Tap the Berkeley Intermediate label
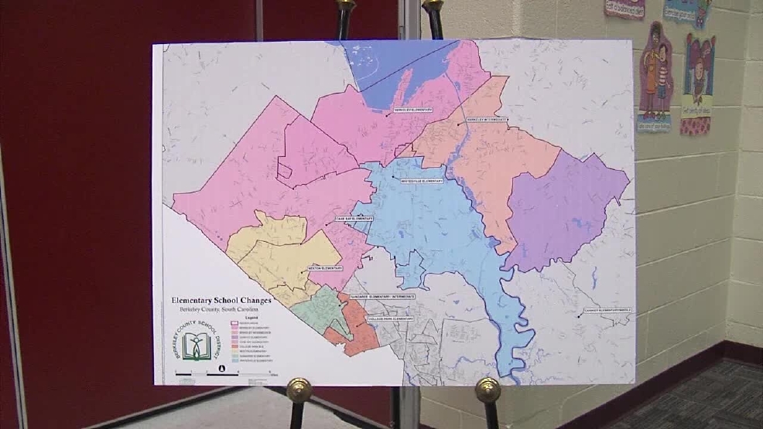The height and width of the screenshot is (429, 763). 488,121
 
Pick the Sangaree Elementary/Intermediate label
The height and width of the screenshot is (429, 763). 383,296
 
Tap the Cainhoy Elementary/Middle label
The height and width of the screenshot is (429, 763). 608,311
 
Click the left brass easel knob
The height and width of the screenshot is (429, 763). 299,390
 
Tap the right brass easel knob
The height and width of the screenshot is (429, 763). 488,390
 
